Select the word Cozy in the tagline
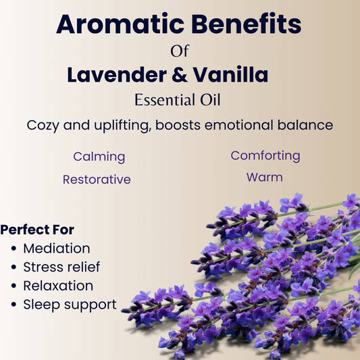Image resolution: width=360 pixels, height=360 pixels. (x=45, y=126)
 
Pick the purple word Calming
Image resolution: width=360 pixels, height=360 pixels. (x=99, y=157)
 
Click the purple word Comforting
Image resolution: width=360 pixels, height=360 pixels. (x=265, y=156)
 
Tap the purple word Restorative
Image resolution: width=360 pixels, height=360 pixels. (x=97, y=180)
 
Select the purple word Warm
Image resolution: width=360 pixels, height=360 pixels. (x=264, y=178)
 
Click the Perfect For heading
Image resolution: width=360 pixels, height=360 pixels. (x=38, y=230)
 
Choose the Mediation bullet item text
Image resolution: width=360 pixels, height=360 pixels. (x=56, y=249)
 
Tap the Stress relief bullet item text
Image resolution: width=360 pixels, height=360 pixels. (x=61, y=267)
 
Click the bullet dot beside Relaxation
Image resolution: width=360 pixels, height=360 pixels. (x=14, y=286)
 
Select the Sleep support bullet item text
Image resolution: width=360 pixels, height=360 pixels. (x=70, y=305)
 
